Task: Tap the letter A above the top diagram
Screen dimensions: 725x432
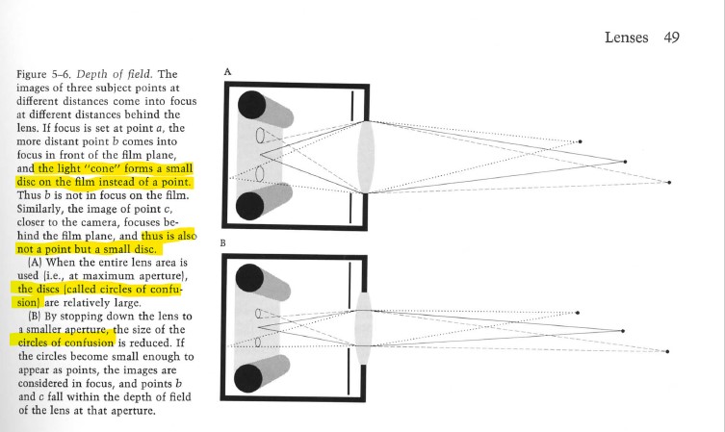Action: (x=227, y=71)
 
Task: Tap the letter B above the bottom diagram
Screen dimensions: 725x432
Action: (x=225, y=244)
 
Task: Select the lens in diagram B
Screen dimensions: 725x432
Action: (x=364, y=328)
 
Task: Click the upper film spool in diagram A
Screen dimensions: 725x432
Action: (x=253, y=105)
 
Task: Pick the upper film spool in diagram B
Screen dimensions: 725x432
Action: (x=251, y=279)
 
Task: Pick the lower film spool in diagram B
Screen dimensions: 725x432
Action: (x=251, y=382)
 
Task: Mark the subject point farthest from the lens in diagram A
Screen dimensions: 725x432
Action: (x=673, y=181)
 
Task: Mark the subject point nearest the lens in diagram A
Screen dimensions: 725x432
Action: (x=579, y=142)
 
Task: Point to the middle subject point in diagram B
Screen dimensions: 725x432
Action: (x=625, y=330)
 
